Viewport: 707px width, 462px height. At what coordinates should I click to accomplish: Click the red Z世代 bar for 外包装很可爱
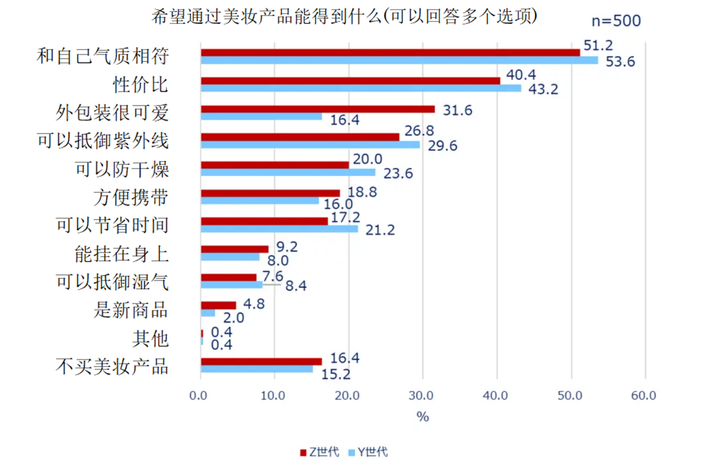[x=318, y=109]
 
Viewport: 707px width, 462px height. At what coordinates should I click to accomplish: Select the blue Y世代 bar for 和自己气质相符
[x=399, y=60]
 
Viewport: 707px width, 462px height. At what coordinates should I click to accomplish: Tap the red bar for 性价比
[x=351, y=81]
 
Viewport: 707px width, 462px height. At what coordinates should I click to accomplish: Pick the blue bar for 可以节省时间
[x=279, y=229]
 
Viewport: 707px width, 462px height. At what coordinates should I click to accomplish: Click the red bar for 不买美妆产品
[x=261, y=361]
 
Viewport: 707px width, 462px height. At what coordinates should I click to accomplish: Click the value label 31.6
[x=457, y=110]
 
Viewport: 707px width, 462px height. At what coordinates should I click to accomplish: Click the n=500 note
[x=616, y=21]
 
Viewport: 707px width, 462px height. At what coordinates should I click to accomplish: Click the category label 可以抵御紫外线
[x=103, y=141]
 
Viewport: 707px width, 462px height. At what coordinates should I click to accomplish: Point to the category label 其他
[x=150, y=338]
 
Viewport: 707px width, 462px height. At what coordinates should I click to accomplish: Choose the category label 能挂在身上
[x=121, y=254]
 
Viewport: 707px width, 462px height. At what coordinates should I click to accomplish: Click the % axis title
[x=422, y=417]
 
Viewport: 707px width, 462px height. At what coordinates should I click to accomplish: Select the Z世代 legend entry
[x=320, y=452]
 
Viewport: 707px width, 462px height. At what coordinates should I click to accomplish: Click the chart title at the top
[x=344, y=17]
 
